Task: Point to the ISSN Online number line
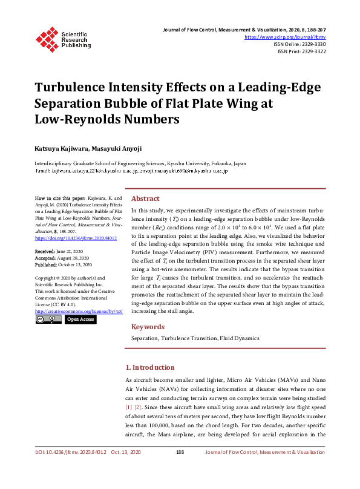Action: tap(299, 44)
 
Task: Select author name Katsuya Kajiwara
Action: tap(56, 148)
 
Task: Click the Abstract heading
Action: tap(145, 199)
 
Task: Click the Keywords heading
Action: tap(148, 327)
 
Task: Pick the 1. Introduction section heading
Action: tap(149, 367)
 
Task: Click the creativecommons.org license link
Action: tap(79, 311)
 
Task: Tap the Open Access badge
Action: tap(80, 320)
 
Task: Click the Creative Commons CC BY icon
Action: tap(48, 320)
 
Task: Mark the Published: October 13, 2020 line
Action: tap(64, 264)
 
